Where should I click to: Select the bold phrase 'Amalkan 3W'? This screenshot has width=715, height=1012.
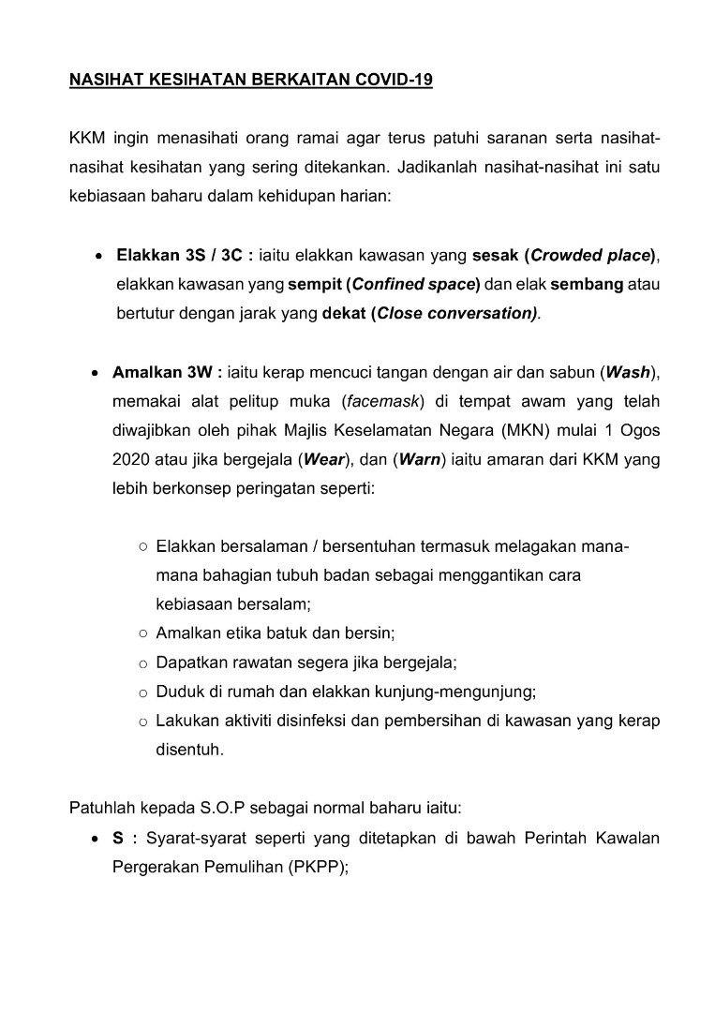coord(162,372)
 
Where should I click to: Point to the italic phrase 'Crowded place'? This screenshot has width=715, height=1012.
coord(590,256)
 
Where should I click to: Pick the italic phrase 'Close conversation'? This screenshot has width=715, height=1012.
coord(456,313)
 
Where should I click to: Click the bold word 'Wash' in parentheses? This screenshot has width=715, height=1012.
coord(628,372)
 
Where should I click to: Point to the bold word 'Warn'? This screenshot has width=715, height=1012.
coord(420,460)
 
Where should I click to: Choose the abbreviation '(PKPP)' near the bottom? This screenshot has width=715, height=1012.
coord(319,867)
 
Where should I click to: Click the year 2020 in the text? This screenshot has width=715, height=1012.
coord(132,460)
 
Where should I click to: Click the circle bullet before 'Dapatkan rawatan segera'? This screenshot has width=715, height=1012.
coord(143,663)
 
